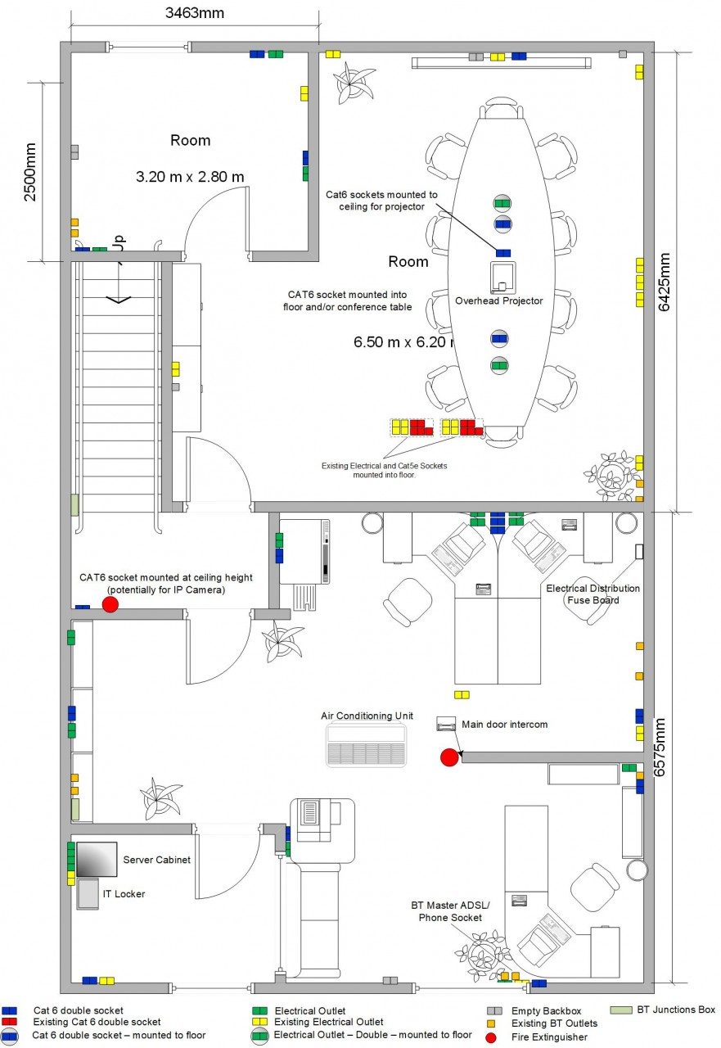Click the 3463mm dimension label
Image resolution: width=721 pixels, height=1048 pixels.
[x=195, y=13]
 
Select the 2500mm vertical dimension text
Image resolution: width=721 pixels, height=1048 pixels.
[x=30, y=172]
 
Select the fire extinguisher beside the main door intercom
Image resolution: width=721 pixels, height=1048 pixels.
[x=448, y=757]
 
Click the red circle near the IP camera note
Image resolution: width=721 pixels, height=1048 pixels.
[x=110, y=604]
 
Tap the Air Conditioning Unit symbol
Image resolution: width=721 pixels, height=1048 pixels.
[x=366, y=744]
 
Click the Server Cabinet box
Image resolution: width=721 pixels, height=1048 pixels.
[x=96, y=859]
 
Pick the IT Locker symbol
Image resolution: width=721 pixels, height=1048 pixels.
[x=88, y=894]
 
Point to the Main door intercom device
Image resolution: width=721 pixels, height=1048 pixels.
[x=446, y=724]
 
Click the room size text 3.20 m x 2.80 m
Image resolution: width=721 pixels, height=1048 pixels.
[x=190, y=176]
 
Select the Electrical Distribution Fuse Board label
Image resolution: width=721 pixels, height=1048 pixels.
[x=593, y=594]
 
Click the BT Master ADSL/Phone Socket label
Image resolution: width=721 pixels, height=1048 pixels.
[x=450, y=911]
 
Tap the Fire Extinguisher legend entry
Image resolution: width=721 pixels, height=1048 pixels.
[x=548, y=1037]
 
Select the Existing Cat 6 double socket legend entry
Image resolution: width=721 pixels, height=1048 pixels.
[x=97, y=1022]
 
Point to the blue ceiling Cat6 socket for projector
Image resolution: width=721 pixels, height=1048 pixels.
[x=503, y=252]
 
